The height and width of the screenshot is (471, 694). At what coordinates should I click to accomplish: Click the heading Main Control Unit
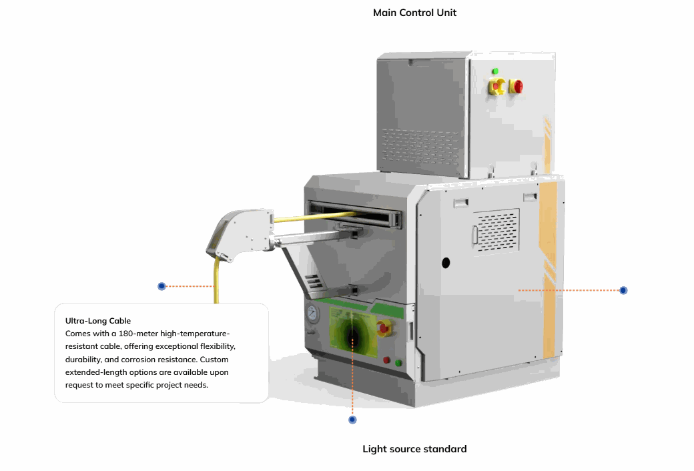point(414,13)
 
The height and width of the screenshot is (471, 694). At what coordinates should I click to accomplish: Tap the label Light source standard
point(414,449)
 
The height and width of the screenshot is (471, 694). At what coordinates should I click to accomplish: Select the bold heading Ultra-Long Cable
point(97,321)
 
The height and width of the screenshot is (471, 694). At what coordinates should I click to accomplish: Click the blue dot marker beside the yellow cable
point(161,286)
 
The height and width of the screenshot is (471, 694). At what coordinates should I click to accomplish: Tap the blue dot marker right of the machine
point(623,290)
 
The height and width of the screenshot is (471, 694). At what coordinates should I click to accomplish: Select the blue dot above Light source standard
point(352,420)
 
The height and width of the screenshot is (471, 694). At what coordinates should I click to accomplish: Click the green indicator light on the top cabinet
point(495,71)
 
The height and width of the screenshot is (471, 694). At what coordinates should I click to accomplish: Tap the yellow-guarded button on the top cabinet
point(498,86)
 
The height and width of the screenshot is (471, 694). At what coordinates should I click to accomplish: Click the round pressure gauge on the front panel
point(311,314)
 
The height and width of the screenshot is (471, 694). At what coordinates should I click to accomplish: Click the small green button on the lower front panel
point(399,363)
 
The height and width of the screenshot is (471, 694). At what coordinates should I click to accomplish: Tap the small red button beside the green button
point(386,360)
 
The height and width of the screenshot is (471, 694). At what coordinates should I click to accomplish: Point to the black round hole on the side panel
point(446,263)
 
